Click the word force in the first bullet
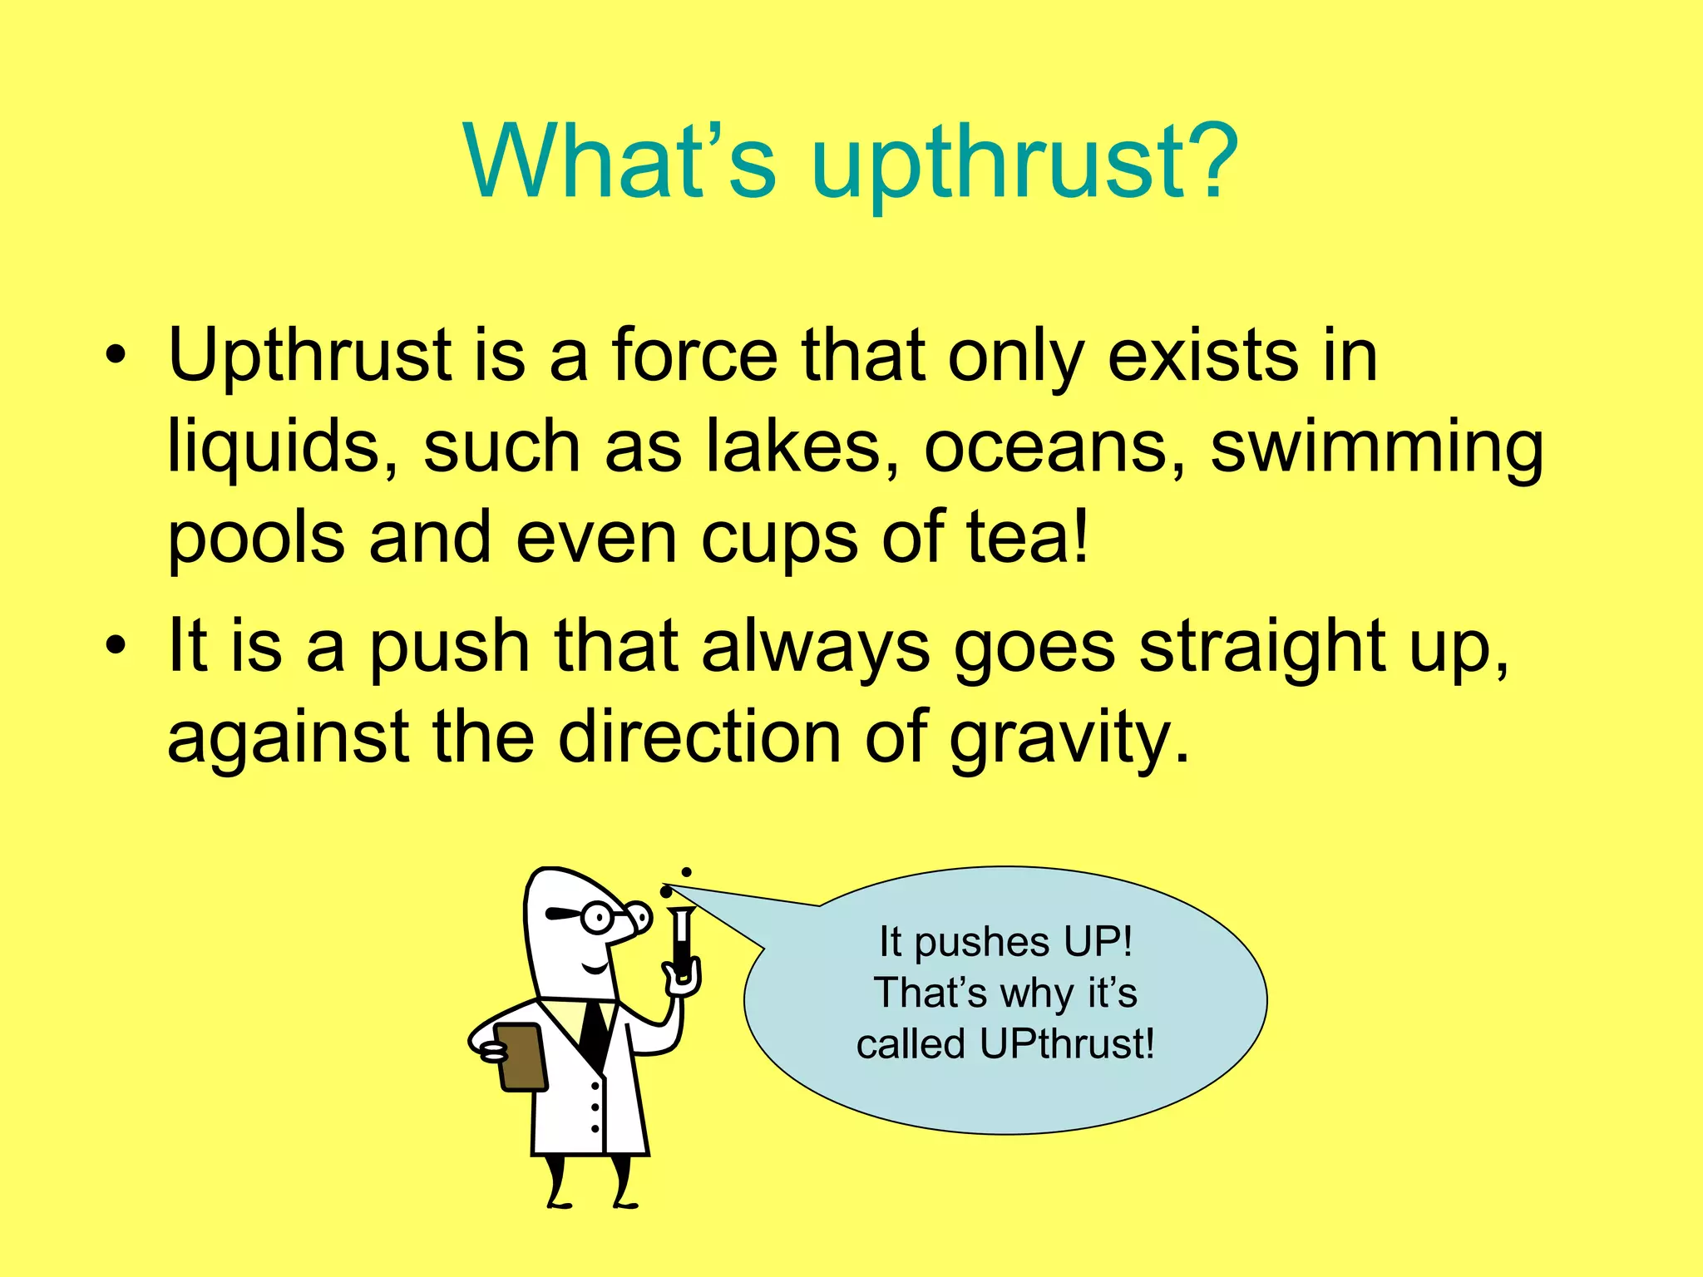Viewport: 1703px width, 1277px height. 694,356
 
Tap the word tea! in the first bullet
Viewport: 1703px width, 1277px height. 1028,538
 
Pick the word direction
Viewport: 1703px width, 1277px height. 699,737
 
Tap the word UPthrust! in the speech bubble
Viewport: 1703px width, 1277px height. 1067,1043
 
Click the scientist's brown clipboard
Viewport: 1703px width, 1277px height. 521,1056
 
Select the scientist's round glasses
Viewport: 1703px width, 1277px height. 596,917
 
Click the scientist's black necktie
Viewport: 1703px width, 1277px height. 594,1031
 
